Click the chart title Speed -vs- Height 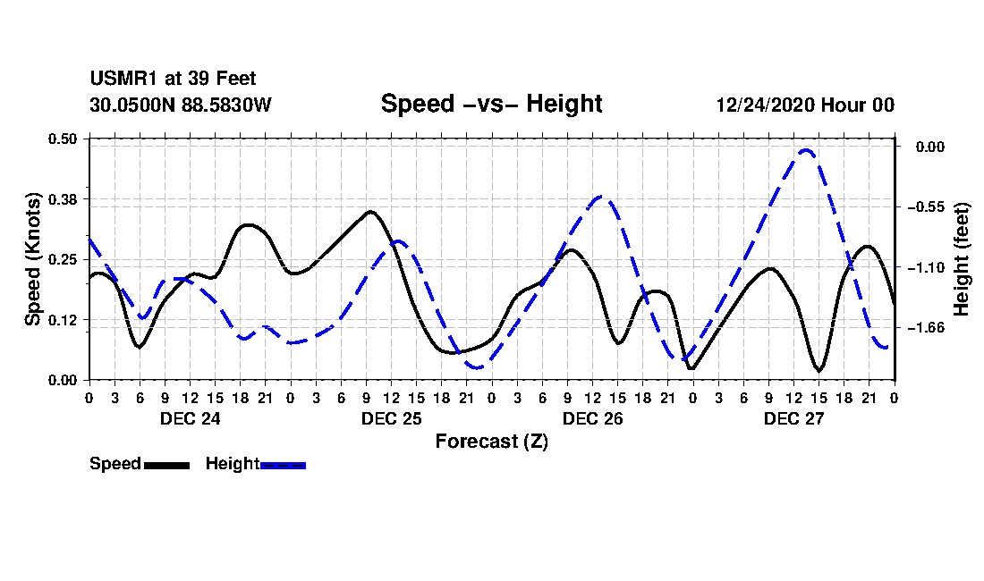tap(491, 104)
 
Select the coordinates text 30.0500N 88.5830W tap(181, 105)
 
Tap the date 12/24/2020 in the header tap(765, 105)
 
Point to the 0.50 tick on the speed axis tap(62, 139)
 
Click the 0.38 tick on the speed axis tap(62, 199)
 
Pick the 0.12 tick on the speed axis tap(62, 320)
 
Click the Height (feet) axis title tap(961, 259)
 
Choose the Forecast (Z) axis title tap(491, 442)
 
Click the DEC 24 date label tap(191, 418)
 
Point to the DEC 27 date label tap(793, 418)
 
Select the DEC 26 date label tap(592, 418)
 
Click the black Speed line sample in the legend tap(167, 465)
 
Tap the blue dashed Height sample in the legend tap(283, 465)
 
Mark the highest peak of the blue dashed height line tap(806, 150)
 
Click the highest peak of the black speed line tap(371, 212)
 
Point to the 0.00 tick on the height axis tap(929, 147)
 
